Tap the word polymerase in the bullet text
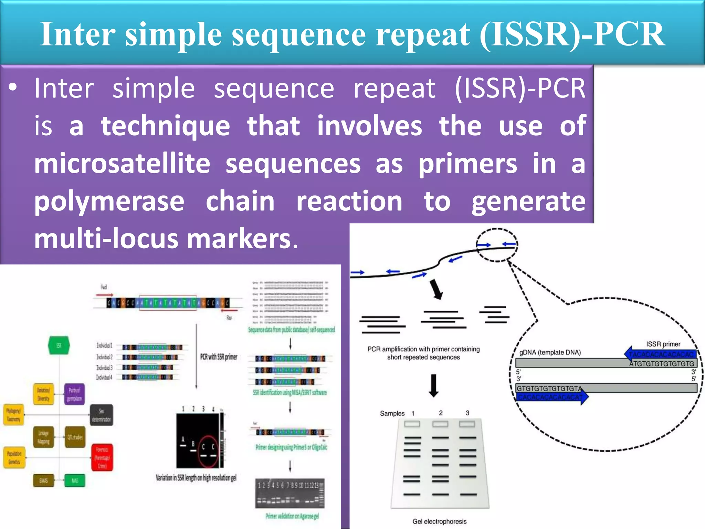coord(109,201)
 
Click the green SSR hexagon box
coord(59,345)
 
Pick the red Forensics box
coord(102,457)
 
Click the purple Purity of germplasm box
coord(74,394)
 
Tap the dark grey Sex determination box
coord(101,415)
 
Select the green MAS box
coord(75,480)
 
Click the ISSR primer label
coord(663,344)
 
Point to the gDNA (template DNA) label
coord(550,352)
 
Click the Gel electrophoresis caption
coord(439,521)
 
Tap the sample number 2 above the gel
coord(441,413)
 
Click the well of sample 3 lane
coord(467,424)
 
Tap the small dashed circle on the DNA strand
coord(497,245)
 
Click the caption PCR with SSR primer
coord(219,357)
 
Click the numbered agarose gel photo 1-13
coord(290,493)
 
